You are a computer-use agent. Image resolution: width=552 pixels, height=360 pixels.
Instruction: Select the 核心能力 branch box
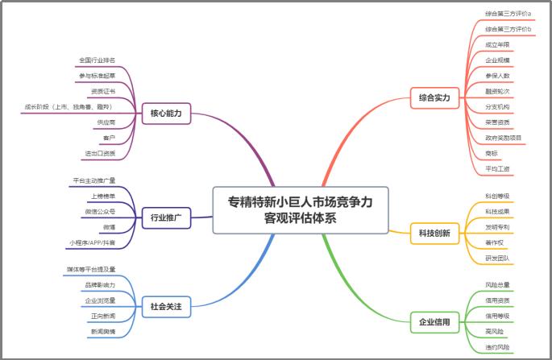coord(166,114)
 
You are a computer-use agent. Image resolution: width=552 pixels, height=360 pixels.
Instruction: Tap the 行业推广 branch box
coord(166,217)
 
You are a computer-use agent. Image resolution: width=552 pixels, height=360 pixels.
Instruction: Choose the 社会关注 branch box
coord(166,306)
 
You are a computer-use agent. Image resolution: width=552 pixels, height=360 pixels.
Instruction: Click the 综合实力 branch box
coord(434,99)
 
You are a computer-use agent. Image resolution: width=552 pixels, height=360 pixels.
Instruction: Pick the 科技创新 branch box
coord(434,234)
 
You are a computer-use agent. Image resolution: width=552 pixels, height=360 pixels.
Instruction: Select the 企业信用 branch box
coord(434,322)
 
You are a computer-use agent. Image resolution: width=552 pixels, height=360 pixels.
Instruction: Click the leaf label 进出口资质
coord(100,153)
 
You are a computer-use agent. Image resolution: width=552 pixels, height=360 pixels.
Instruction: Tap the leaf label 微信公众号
coord(100,211)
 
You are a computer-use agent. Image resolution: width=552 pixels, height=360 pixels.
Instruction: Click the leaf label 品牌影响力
coord(100,285)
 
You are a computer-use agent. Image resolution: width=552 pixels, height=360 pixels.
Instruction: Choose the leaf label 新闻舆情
coord(103,331)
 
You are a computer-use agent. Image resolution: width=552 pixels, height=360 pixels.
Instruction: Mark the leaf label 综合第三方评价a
coord(508,14)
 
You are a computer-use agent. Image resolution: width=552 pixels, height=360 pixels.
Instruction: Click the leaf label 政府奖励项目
coord(504,138)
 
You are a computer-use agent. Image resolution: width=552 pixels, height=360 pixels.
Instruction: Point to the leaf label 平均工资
coord(498,168)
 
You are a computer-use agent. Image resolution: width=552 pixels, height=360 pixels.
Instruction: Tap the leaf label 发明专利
coord(498,226)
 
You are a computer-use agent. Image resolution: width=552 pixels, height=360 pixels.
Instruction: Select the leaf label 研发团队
coord(498,258)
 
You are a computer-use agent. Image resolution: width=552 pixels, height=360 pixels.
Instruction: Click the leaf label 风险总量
coord(498,284)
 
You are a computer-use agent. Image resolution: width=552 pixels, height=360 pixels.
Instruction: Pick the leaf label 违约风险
coord(498,346)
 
